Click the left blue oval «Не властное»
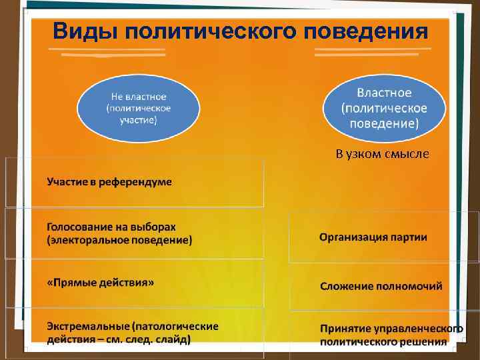point(138,107)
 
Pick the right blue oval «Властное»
point(384,107)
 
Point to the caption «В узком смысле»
point(383,155)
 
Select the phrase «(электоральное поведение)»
point(119,240)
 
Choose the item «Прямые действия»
point(101,283)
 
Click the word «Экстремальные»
point(87,327)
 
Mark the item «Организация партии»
point(373,237)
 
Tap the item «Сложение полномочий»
point(381,287)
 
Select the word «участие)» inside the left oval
point(138,120)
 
